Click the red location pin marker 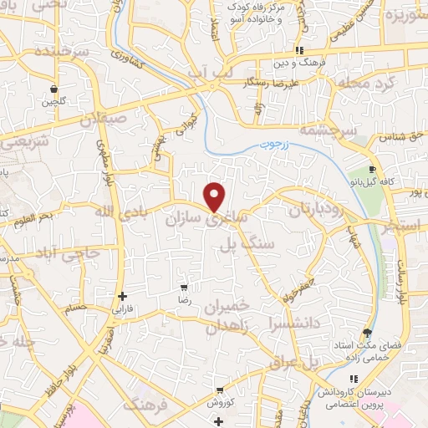point(215,196)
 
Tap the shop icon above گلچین point(54,89)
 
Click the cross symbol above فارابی point(123,296)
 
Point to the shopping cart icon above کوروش point(219,390)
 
